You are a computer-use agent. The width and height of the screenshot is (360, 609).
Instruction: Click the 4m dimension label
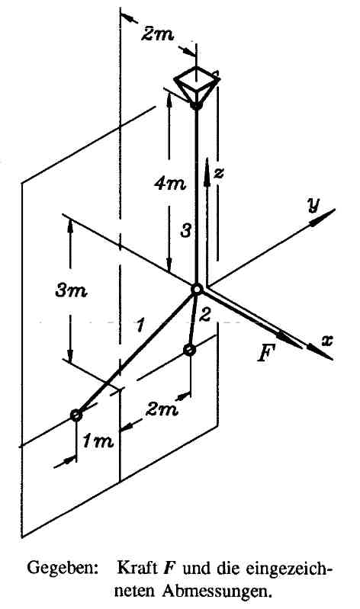[169, 184]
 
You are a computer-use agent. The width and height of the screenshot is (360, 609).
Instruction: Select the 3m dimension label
[71, 290]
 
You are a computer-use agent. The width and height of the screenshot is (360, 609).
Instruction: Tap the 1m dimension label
[98, 441]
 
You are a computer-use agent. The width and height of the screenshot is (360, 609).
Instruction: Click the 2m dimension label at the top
[156, 34]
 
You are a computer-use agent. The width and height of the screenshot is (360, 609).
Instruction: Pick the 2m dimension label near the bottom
[162, 409]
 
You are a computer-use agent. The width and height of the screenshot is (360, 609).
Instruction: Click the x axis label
[326, 341]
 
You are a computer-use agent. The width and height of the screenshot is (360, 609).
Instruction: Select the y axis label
[312, 204]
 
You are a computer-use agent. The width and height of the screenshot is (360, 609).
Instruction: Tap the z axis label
[219, 173]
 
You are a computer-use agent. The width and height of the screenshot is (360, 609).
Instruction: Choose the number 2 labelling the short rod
[204, 315]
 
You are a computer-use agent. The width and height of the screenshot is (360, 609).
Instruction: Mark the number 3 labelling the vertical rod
[186, 232]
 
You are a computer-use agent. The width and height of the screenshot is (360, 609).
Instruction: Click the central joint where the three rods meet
[197, 290]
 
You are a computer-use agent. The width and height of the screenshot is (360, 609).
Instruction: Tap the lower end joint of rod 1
[76, 415]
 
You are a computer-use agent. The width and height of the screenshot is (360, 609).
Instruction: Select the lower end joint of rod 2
[190, 351]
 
